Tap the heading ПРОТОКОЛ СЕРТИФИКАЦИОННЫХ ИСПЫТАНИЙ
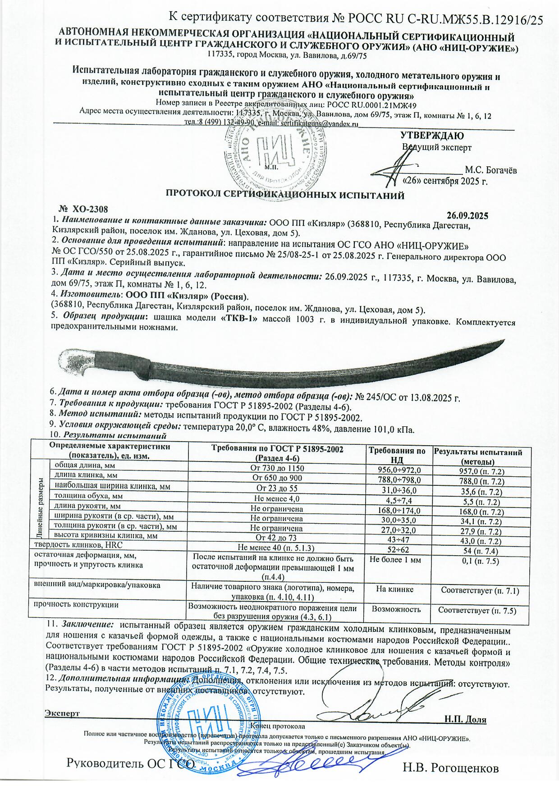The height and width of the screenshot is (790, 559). tap(285, 195)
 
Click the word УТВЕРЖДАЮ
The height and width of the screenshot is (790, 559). tap(432, 135)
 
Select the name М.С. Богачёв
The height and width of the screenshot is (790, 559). tap(491, 170)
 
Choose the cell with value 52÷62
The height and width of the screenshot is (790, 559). tap(397, 548)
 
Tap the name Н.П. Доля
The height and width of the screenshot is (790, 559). tap(465, 719)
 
